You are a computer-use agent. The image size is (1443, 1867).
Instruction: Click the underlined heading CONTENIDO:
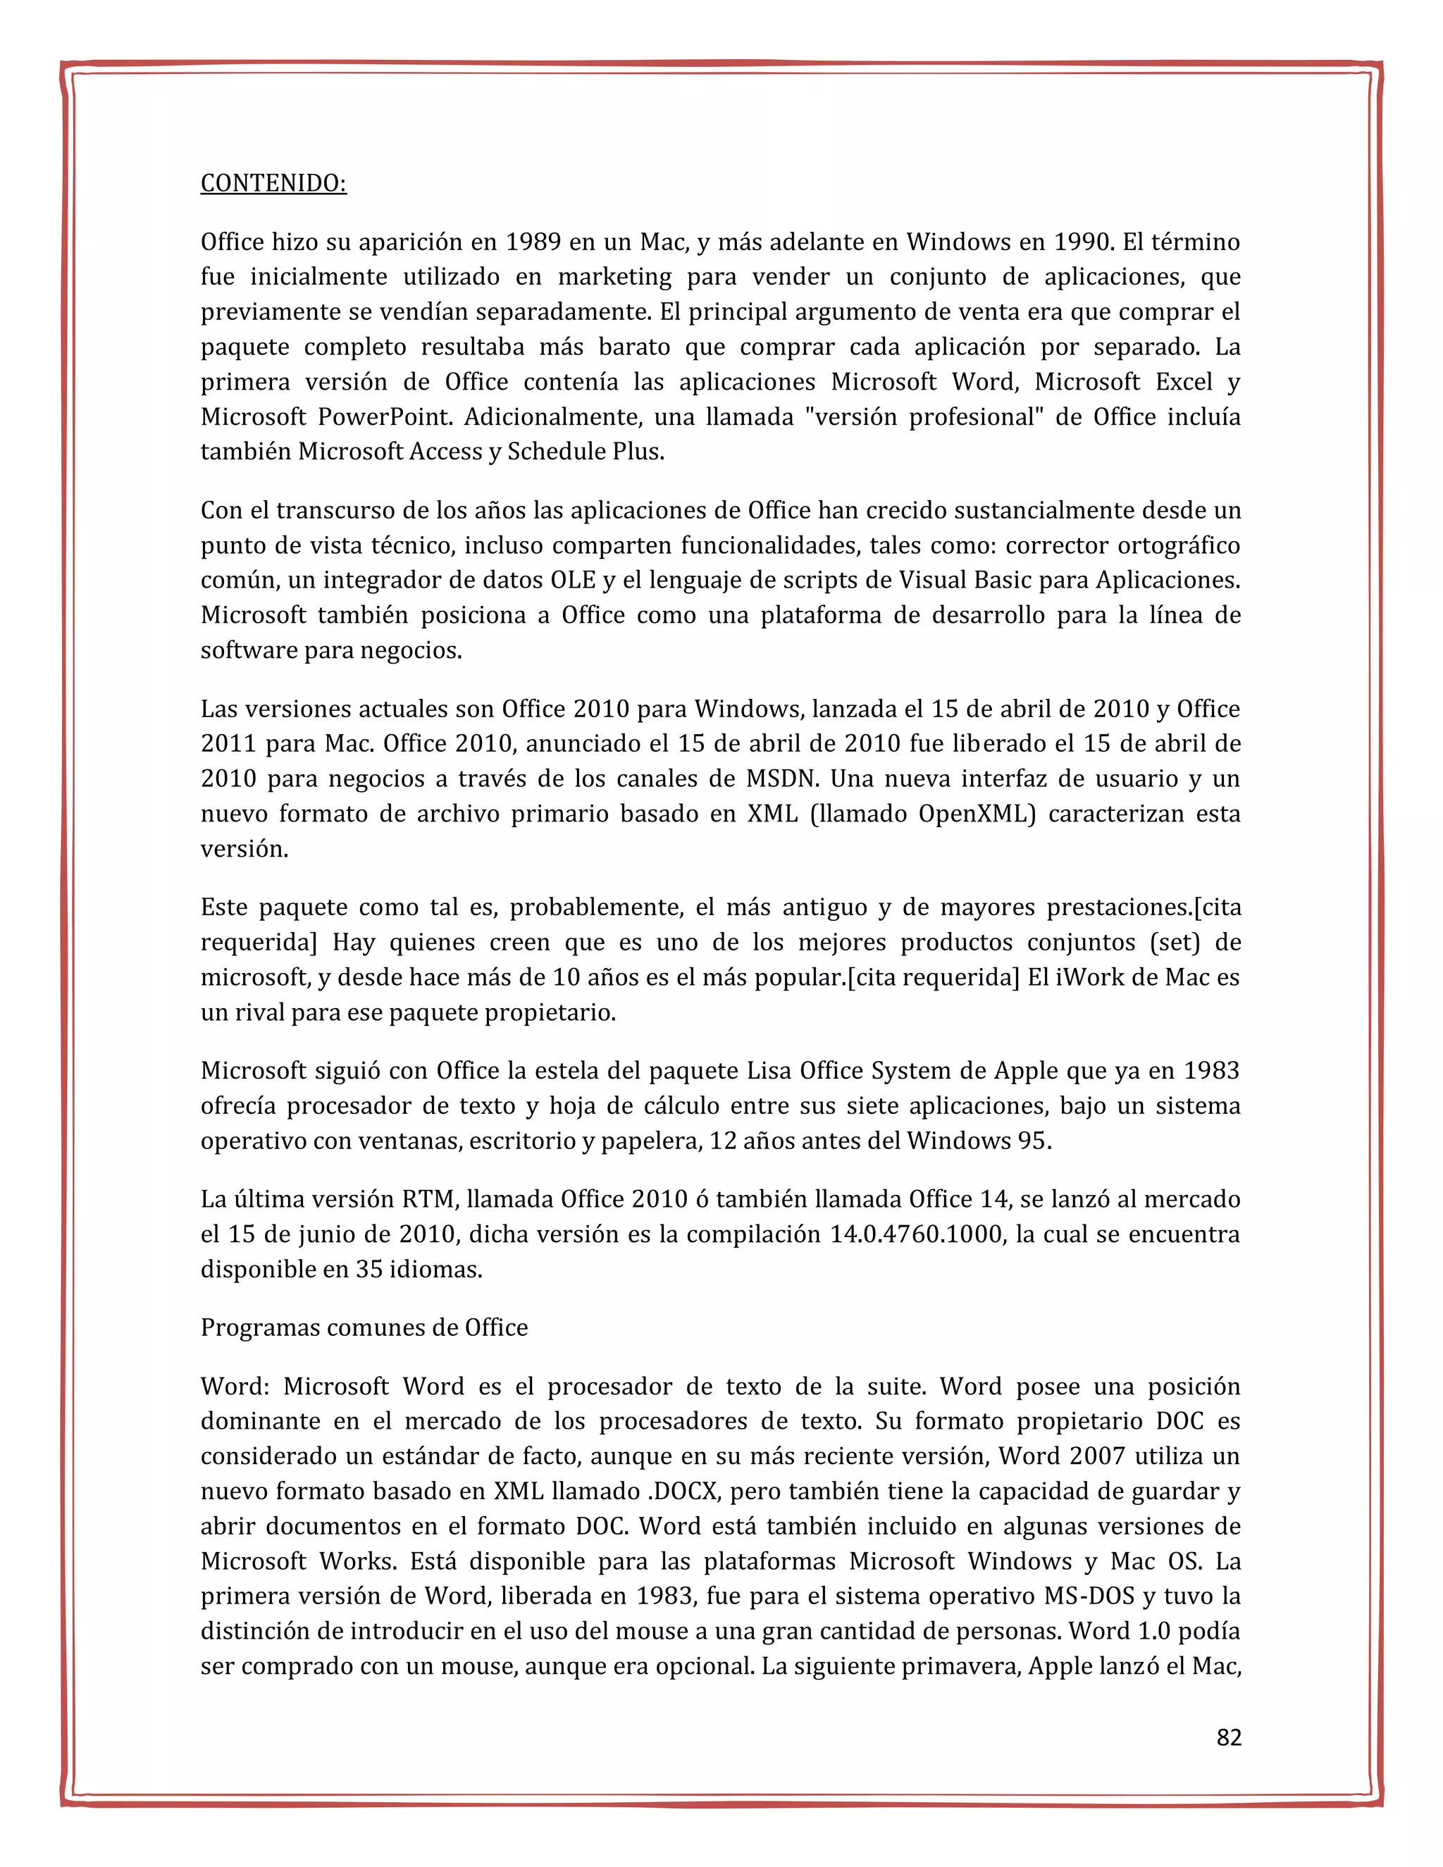(x=273, y=183)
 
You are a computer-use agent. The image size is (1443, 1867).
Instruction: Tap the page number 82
(x=1228, y=1738)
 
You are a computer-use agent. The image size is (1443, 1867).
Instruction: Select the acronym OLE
(x=572, y=581)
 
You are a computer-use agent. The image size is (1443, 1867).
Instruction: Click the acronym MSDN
(x=781, y=779)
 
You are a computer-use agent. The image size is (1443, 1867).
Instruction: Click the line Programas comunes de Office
(x=364, y=1327)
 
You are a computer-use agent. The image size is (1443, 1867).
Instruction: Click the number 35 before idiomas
(x=369, y=1270)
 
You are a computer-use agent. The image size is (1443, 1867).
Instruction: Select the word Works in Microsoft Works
(x=357, y=1562)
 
